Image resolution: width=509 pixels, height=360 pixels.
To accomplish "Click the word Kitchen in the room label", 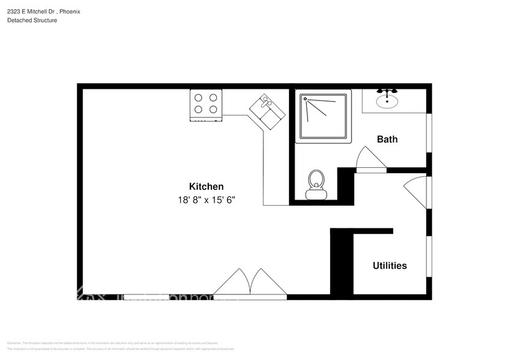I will click(x=206, y=187).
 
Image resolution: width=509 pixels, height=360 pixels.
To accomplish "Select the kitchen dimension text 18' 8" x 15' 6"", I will click(x=206, y=200).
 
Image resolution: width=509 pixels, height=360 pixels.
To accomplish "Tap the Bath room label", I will click(x=386, y=139).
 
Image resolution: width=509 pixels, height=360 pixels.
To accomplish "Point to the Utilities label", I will click(x=390, y=266).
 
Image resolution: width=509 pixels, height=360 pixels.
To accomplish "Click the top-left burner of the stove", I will click(x=198, y=97).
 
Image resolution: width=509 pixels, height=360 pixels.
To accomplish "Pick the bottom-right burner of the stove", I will click(x=213, y=110).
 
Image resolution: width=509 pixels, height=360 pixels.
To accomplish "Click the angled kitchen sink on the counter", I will click(x=268, y=111).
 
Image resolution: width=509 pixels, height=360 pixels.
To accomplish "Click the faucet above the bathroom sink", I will click(x=387, y=92).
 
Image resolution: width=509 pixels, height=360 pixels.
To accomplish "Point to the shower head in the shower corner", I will click(x=304, y=98).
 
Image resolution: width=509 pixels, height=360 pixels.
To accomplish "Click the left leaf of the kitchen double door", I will click(x=233, y=282).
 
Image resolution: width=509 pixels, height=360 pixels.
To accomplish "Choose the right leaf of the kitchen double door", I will click(x=266, y=282).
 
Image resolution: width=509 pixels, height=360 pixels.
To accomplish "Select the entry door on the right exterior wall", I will click(x=417, y=189).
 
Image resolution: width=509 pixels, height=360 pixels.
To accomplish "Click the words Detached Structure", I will click(x=32, y=20).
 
